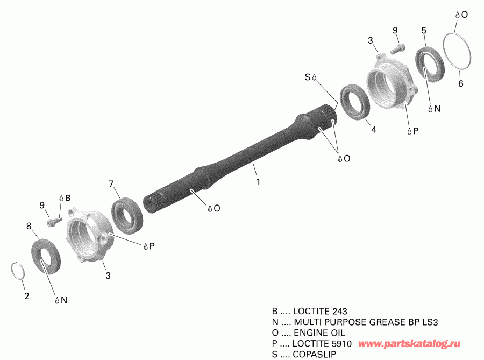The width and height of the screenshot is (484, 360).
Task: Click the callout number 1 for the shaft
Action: pos(258,182)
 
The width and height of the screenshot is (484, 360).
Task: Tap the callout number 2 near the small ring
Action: pos(27,296)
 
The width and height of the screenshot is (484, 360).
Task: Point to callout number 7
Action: pos(111,183)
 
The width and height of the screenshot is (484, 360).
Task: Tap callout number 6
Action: pos(460,83)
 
